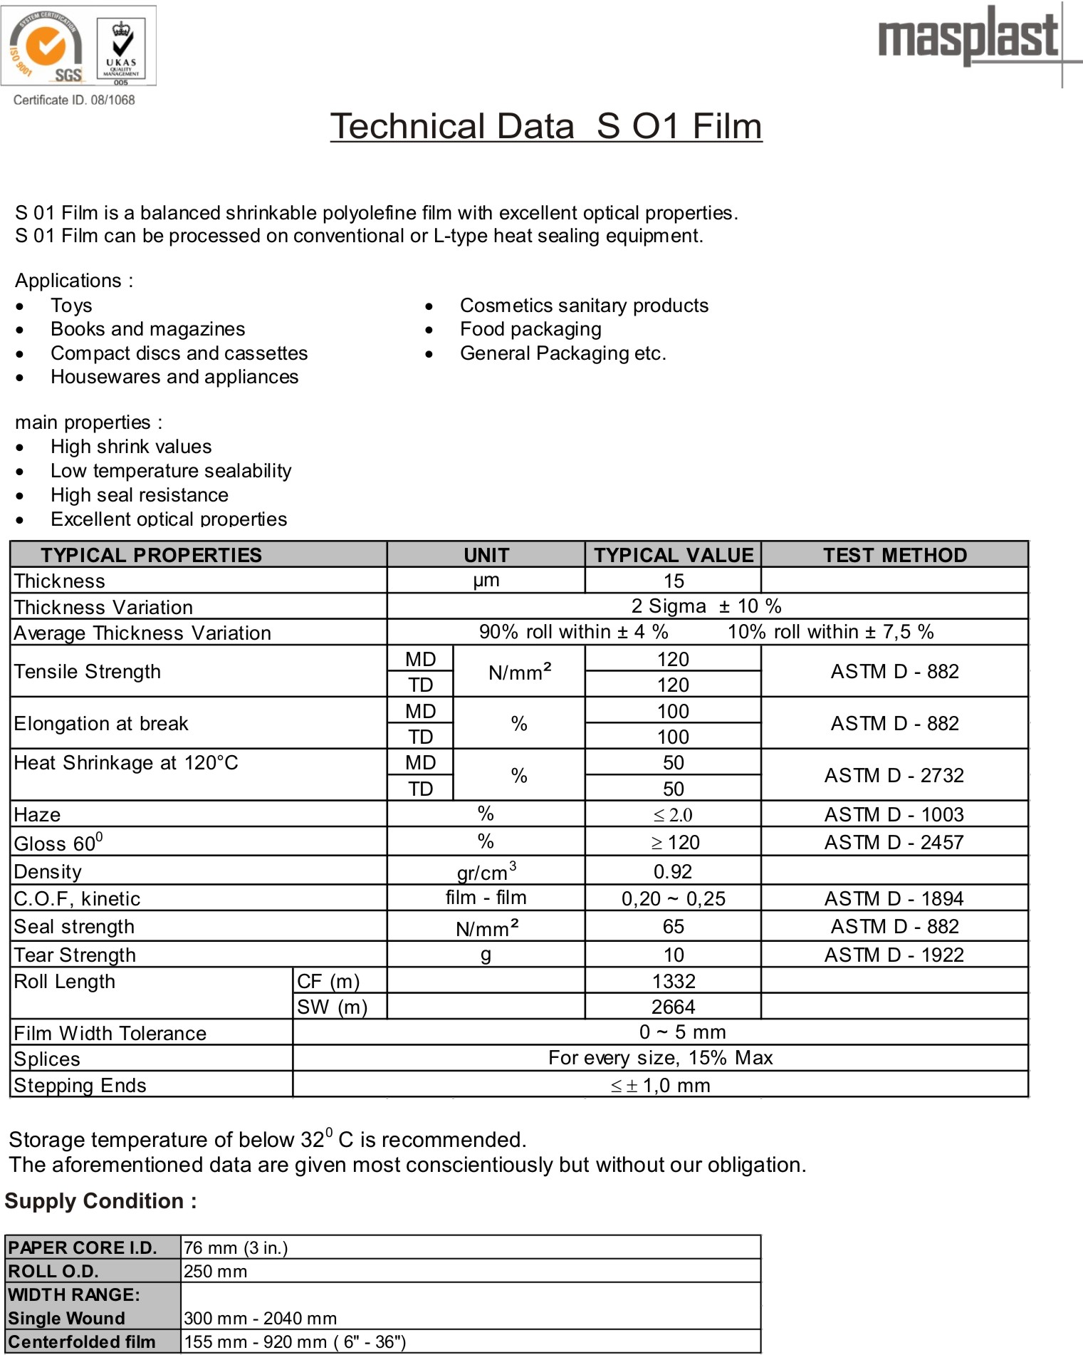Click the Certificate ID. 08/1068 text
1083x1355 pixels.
point(74,100)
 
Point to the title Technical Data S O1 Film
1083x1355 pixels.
point(546,126)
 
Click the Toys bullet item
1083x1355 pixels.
point(71,306)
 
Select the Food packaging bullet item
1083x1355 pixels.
point(530,329)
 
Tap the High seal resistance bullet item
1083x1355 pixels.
point(140,495)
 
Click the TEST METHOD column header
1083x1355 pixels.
point(895,555)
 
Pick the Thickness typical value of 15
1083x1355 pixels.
point(674,581)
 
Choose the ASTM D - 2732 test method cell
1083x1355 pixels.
point(894,775)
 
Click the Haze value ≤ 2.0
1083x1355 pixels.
point(673,815)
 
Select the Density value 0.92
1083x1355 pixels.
point(673,871)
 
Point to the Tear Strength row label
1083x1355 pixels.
point(75,955)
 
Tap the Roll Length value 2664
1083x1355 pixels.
point(673,1007)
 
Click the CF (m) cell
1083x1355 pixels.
point(328,981)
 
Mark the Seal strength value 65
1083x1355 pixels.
point(673,926)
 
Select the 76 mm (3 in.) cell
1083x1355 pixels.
point(236,1247)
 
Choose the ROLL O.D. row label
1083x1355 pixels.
point(53,1271)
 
